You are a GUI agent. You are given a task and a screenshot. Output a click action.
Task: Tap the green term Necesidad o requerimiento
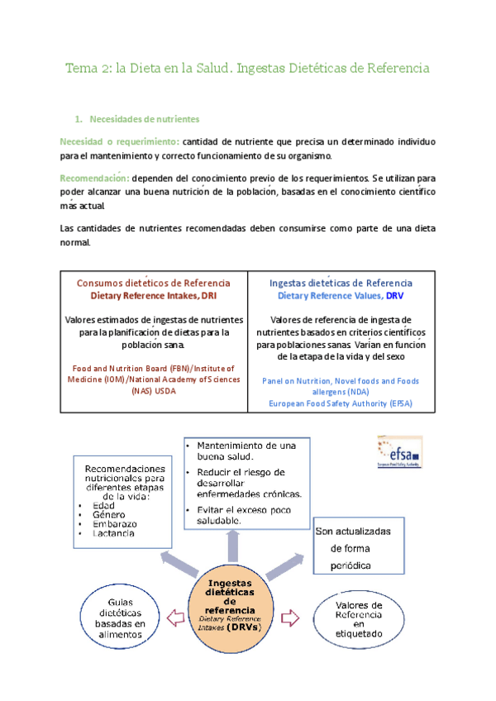(120, 141)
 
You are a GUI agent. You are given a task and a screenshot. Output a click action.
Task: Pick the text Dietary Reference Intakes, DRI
(154, 295)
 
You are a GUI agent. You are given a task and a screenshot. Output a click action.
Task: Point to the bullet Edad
(104, 505)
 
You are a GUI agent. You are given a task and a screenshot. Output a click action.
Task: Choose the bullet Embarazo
(115, 524)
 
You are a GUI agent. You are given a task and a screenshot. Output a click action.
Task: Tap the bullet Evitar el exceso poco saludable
(241, 515)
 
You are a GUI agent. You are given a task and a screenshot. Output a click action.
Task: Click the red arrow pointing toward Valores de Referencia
(290, 616)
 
